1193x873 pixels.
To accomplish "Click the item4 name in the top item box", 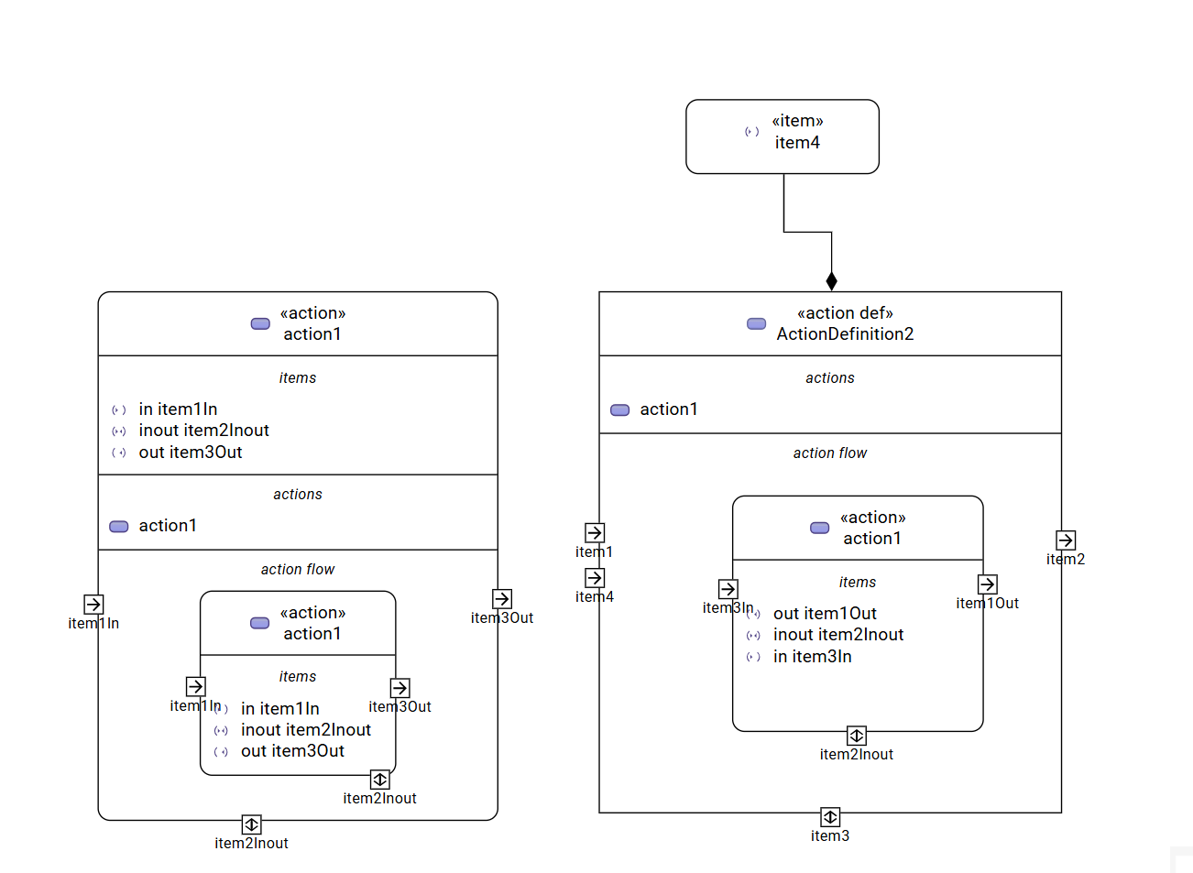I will tap(797, 143).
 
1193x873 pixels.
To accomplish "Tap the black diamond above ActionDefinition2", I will tap(831, 281).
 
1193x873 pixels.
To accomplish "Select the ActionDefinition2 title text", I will tap(845, 334).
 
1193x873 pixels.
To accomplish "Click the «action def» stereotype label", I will tap(845, 313).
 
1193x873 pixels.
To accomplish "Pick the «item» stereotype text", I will tap(797, 121).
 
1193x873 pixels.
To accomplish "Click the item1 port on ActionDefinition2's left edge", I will tap(595, 533).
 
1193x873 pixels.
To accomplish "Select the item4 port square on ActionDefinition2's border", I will tap(595, 578).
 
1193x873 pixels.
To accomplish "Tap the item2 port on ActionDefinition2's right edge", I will tap(1066, 540).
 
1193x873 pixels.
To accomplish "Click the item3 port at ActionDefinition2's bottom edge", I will tap(830, 817).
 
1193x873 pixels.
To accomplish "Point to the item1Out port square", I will tap(987, 584).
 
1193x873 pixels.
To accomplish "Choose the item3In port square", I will tap(728, 589).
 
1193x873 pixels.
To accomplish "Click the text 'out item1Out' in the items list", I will tap(825, 614).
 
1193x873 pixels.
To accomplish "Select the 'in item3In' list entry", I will tap(812, 657).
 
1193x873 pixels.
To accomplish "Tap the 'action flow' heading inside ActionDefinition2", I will tap(829, 453).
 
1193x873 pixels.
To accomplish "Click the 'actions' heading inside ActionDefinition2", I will tap(829, 378).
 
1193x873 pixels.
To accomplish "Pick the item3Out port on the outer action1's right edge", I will tap(502, 599).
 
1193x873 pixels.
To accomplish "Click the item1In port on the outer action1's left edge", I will tap(93, 605).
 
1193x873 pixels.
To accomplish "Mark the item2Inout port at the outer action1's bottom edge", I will tap(252, 824).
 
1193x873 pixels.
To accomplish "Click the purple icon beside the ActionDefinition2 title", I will tap(756, 323).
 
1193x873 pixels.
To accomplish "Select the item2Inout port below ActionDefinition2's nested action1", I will tap(857, 736).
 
